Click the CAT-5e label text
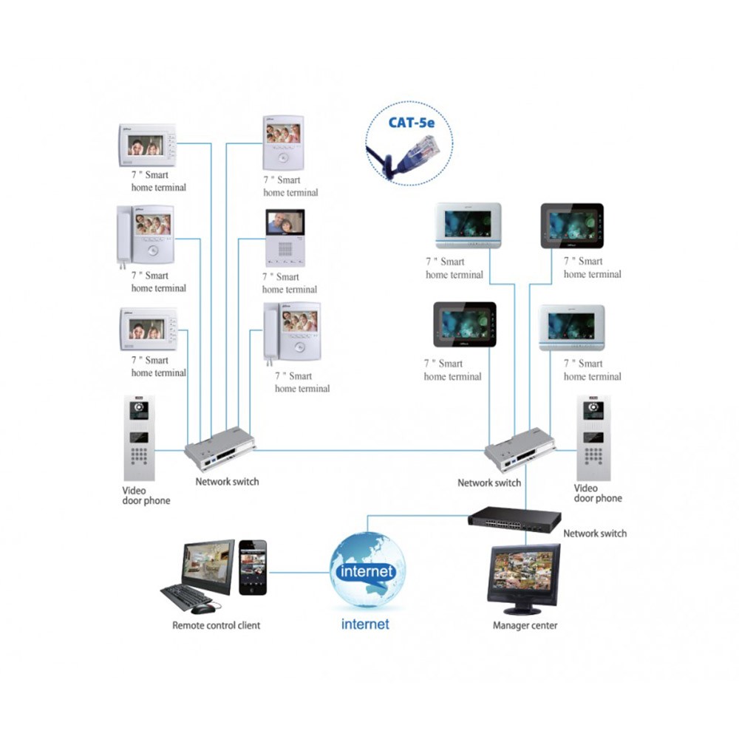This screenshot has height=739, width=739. point(411,123)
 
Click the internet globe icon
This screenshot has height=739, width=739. point(367,569)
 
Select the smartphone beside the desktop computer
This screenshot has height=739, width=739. point(253,568)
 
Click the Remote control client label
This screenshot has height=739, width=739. point(216,625)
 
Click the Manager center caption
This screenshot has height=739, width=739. point(525,625)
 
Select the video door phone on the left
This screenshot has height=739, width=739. point(139,437)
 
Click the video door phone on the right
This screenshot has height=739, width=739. point(593,437)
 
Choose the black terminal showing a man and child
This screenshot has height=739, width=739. point(285,239)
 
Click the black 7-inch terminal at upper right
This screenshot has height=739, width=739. point(572,225)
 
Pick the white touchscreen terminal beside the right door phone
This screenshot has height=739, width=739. point(572,327)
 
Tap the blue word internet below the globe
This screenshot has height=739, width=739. point(365,624)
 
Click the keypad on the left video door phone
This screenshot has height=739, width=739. point(139,456)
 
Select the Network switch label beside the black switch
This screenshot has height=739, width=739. point(595,534)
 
